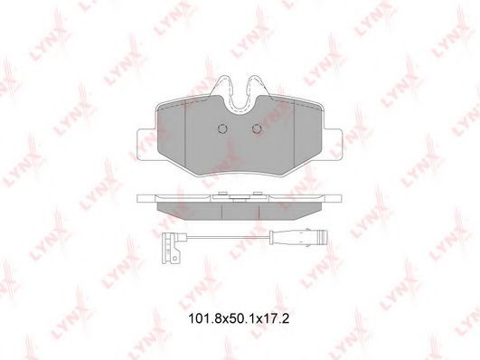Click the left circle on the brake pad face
(222, 128)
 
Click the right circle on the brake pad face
(257, 128)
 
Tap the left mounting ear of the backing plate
(146, 144)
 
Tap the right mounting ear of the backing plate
(332, 144)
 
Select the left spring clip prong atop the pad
(222, 88)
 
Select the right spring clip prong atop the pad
(258, 88)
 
